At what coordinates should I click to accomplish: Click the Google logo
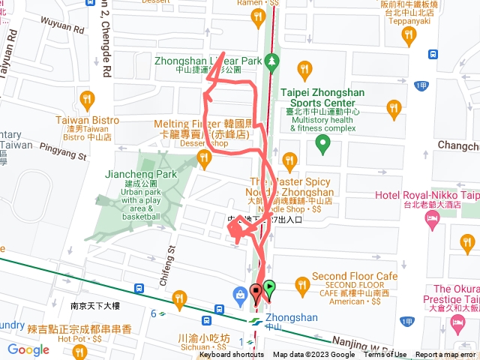pos(28,349)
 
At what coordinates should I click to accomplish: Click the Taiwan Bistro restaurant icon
pos(87,100)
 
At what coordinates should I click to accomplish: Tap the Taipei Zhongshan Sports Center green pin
pos(322,142)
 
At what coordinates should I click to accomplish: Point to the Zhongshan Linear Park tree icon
pos(274,61)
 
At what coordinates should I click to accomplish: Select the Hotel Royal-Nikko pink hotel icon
pos(432,218)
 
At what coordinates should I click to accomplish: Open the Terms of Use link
pos(385,355)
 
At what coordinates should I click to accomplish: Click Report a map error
pos(445,355)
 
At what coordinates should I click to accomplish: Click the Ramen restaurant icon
pos(257,14)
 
